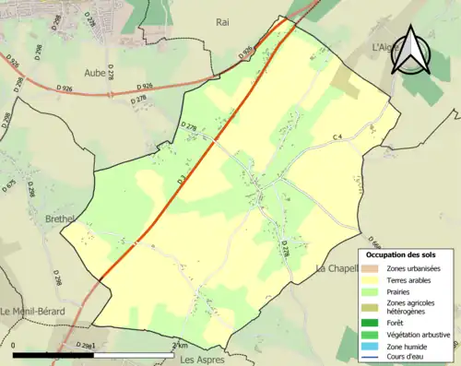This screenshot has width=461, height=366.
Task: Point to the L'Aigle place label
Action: [384, 46]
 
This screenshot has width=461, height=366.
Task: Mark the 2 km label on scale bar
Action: [181, 344]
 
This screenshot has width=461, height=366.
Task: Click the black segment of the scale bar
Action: [55, 353]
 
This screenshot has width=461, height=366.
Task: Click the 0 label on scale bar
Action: [15, 344]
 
